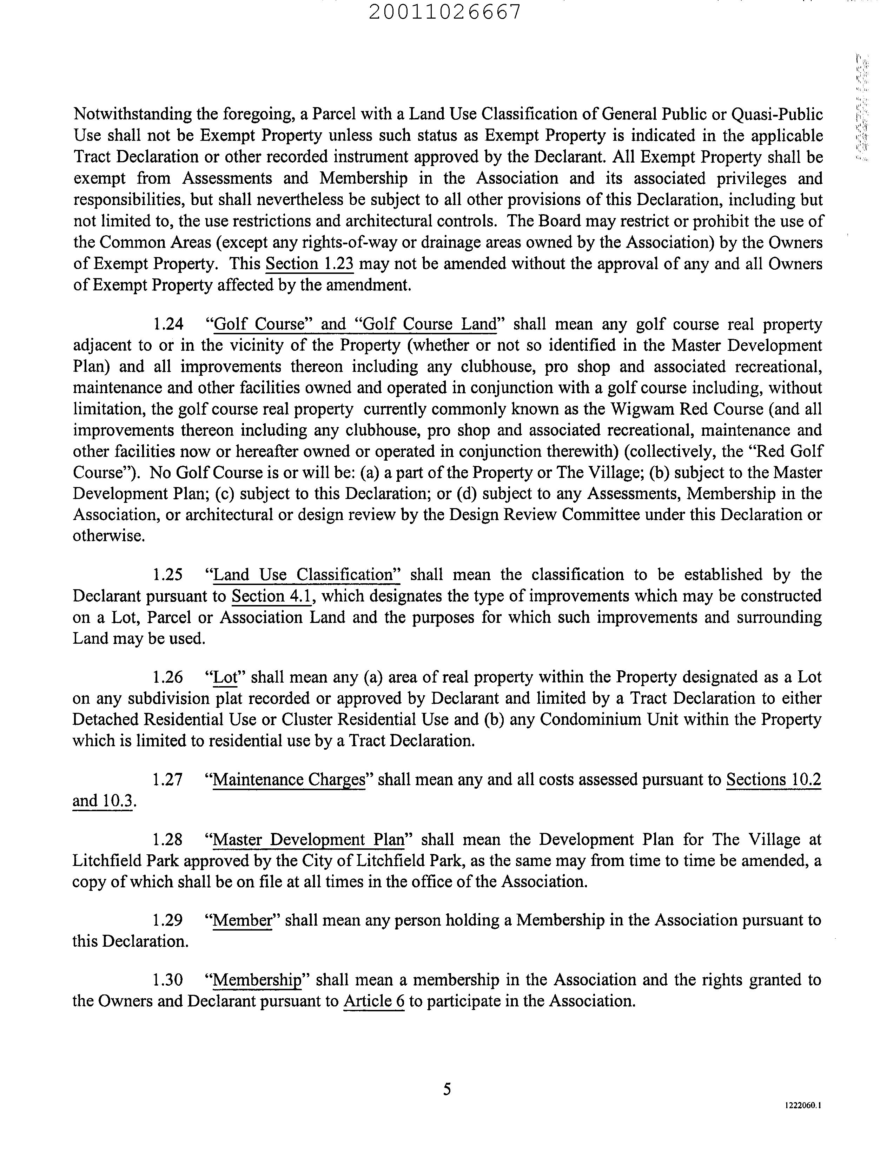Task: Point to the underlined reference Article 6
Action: (374, 1001)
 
